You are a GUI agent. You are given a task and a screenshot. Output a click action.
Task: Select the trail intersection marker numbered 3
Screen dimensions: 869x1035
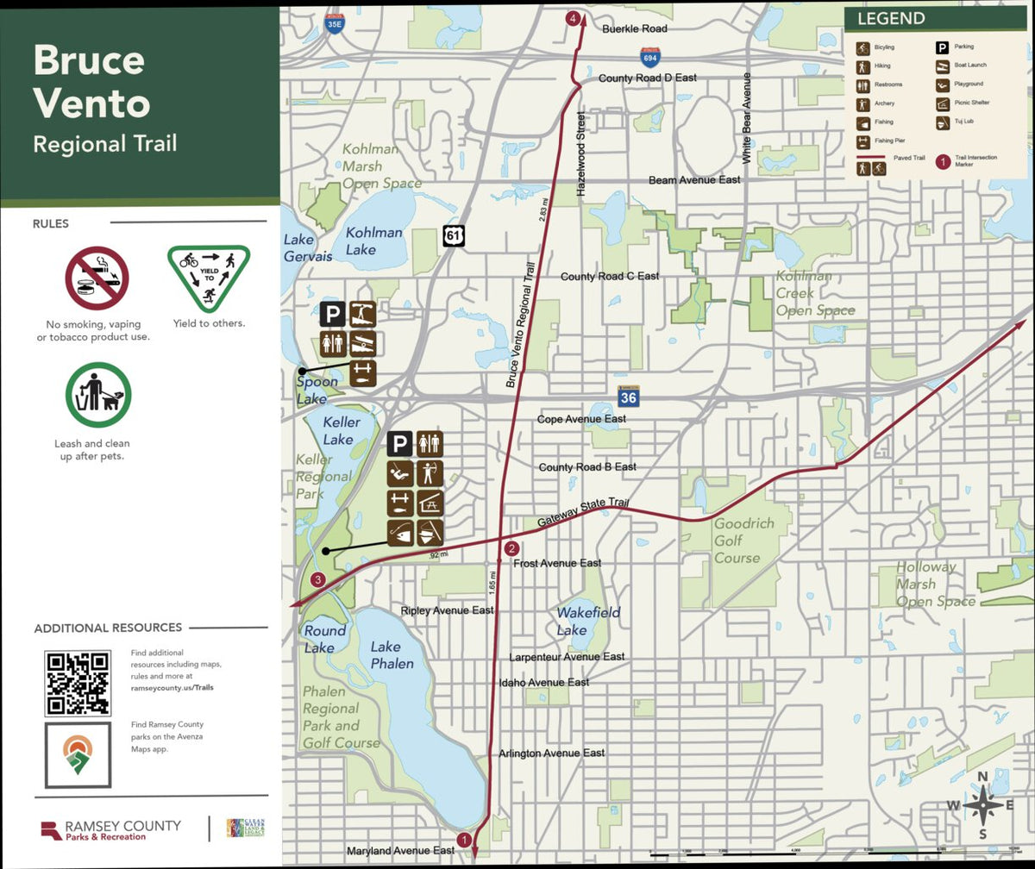pyautogui.click(x=318, y=579)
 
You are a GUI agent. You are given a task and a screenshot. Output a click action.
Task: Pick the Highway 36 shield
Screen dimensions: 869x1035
pyautogui.click(x=629, y=397)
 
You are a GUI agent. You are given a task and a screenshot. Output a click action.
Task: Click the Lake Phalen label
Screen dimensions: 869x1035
pyautogui.click(x=392, y=654)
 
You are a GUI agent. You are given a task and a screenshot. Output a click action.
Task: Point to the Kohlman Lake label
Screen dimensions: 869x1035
pyautogui.click(x=373, y=241)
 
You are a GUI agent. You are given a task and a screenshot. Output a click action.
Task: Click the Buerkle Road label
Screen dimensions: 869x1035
pyautogui.click(x=635, y=28)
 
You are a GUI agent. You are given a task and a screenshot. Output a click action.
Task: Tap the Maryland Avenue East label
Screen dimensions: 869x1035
pyautogui.click(x=400, y=850)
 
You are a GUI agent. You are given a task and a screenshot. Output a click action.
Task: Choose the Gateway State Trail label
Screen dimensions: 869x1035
pyautogui.click(x=583, y=513)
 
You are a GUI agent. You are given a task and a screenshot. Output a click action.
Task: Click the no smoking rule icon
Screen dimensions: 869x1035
pyautogui.click(x=97, y=278)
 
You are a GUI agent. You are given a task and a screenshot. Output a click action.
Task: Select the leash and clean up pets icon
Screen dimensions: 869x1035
pyautogui.click(x=98, y=394)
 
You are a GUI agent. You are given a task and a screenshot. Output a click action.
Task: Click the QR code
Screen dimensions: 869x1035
pyautogui.click(x=78, y=683)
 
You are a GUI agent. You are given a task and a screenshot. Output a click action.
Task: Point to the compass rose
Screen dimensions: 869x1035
pyautogui.click(x=982, y=806)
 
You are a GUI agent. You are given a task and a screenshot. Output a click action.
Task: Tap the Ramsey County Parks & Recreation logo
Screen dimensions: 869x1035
pyautogui.click(x=111, y=829)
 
